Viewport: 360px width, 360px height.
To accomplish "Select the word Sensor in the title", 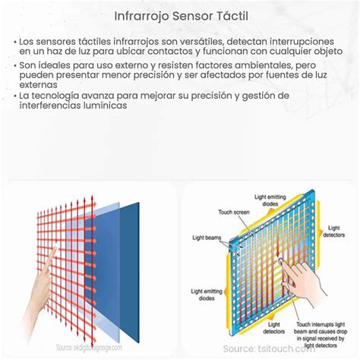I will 187,14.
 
